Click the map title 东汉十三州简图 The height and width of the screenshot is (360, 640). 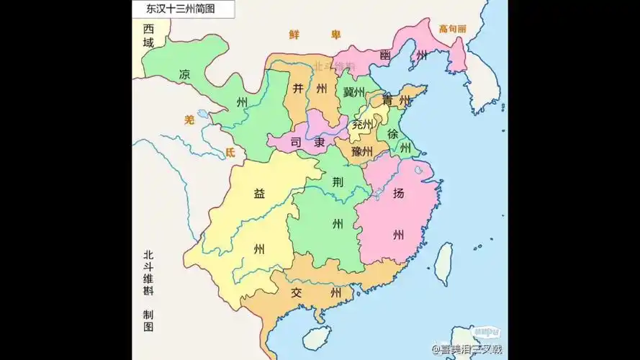point(174,9)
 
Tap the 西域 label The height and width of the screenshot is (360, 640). point(148,36)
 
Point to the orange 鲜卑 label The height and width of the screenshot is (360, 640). point(314,35)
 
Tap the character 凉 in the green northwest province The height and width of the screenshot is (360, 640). point(186,75)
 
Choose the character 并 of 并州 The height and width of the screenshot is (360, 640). point(298,89)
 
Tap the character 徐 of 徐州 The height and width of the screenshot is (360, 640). point(392,134)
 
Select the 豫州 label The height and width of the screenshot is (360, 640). point(361,152)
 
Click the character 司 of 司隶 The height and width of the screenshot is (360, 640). point(294,143)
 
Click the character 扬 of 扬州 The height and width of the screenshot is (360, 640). point(398,193)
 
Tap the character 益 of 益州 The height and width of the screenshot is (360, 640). point(258,193)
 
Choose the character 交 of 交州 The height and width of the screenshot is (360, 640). point(297,293)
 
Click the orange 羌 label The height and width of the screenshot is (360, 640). point(189,120)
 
